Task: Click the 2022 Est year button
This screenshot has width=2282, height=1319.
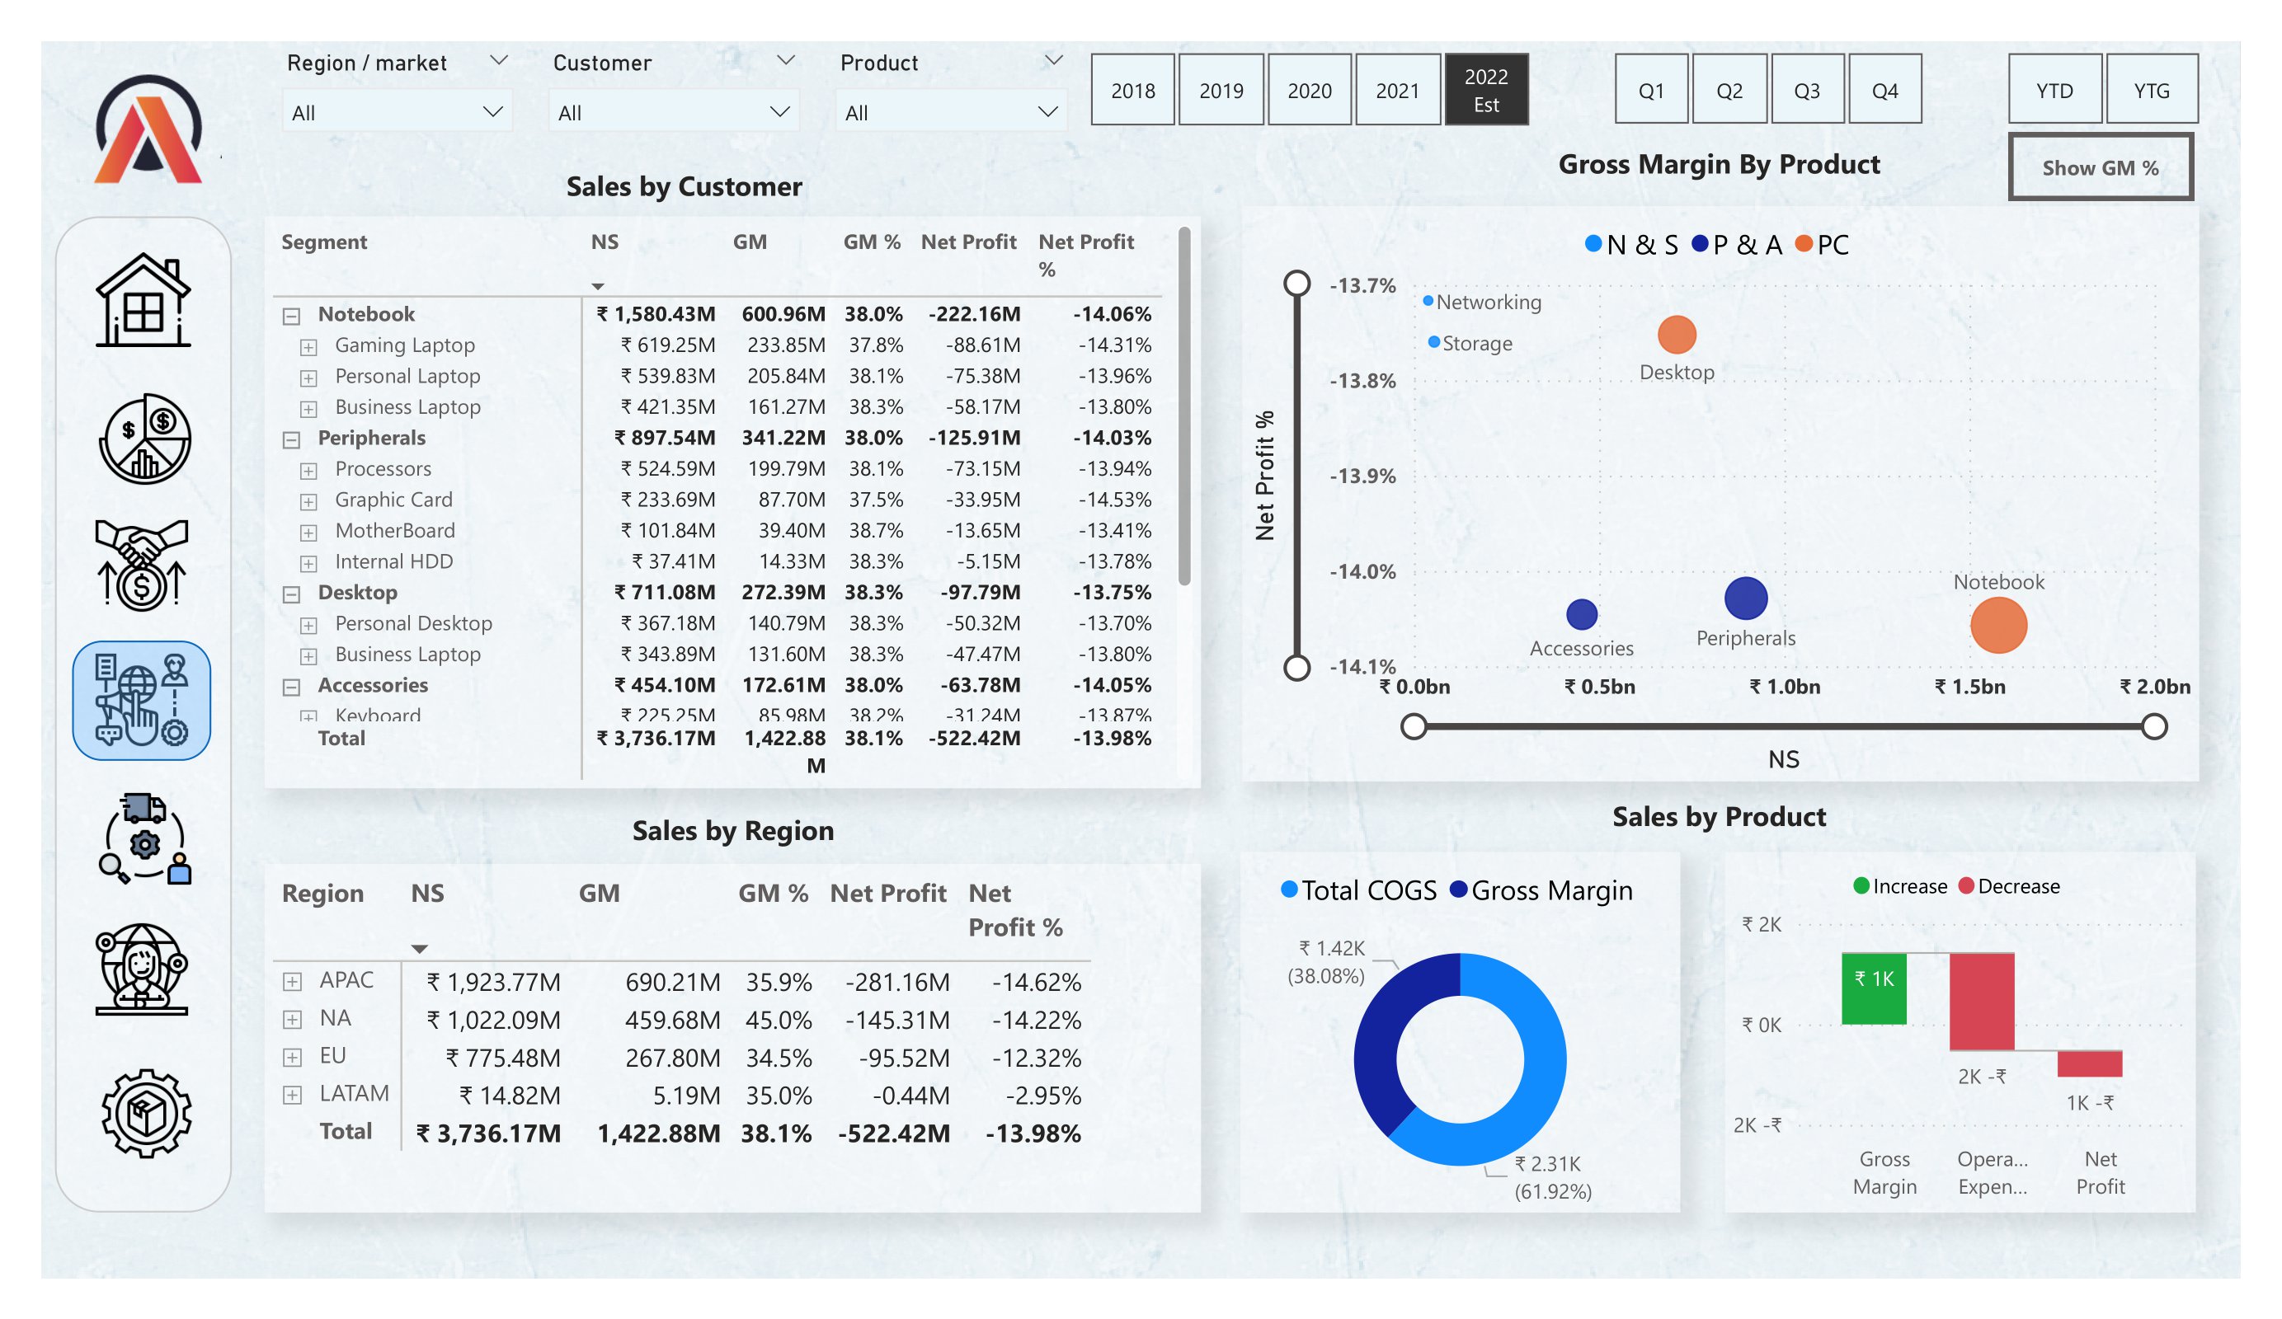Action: [x=1486, y=90]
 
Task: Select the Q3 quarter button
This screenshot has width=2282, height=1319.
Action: [x=1807, y=90]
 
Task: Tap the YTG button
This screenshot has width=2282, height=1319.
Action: [x=2151, y=90]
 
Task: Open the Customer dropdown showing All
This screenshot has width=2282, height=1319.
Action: [x=673, y=112]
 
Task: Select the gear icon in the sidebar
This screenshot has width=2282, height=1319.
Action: [x=145, y=1113]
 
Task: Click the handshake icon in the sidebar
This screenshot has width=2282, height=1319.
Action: [x=141, y=564]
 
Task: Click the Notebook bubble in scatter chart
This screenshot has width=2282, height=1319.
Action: [x=1997, y=625]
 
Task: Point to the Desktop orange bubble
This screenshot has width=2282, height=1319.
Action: [x=1676, y=335]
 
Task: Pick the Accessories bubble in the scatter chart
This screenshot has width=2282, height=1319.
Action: [x=1581, y=614]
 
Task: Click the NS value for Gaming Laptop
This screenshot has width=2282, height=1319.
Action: [x=667, y=345]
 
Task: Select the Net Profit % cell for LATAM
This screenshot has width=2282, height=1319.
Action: [x=1042, y=1096]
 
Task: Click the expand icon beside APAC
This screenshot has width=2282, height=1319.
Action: [x=292, y=981]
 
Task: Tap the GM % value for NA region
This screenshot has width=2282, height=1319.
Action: [x=778, y=1021]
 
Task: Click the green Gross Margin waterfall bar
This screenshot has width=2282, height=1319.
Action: [x=1873, y=988]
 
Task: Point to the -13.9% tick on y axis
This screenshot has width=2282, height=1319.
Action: [x=1362, y=476]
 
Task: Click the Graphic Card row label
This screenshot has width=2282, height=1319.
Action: [x=393, y=500]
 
